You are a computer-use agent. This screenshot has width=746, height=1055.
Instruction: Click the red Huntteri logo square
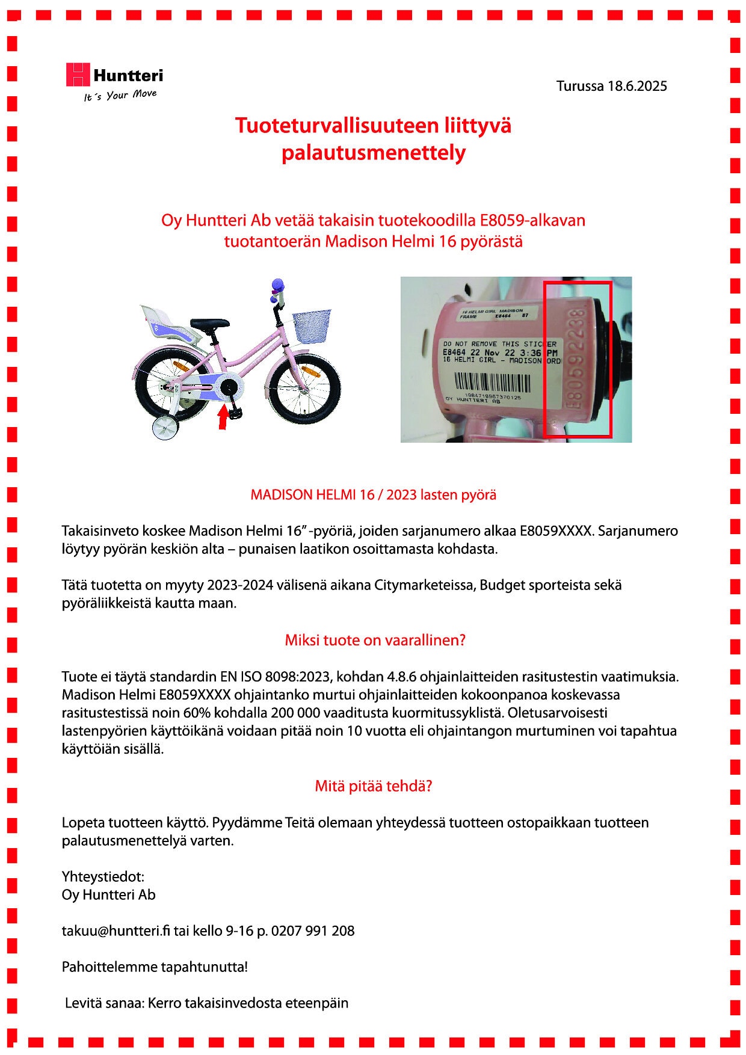78,75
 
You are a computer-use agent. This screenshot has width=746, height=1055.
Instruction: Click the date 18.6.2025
637,86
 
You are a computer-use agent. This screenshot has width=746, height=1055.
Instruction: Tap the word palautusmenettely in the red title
373,153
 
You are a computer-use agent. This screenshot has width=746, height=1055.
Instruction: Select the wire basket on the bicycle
312,324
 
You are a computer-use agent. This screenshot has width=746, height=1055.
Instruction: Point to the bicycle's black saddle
210,324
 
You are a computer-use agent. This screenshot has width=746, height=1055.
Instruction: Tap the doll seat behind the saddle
165,324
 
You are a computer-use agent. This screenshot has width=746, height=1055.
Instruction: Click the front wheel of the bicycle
304,389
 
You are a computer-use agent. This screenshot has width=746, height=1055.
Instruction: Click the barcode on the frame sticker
492,383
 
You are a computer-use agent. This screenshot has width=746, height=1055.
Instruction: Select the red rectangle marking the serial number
578,359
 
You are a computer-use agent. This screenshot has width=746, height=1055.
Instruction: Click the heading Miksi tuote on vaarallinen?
375,640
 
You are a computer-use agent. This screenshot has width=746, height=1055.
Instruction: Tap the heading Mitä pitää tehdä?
374,786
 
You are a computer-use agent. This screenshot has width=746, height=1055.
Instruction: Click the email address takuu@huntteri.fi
116,930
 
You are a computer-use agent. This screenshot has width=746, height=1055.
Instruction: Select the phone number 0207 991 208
313,930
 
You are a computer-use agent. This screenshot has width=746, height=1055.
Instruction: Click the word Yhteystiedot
103,876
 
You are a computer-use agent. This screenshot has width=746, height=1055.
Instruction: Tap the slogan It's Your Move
120,96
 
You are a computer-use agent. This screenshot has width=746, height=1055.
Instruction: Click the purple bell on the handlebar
277,285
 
